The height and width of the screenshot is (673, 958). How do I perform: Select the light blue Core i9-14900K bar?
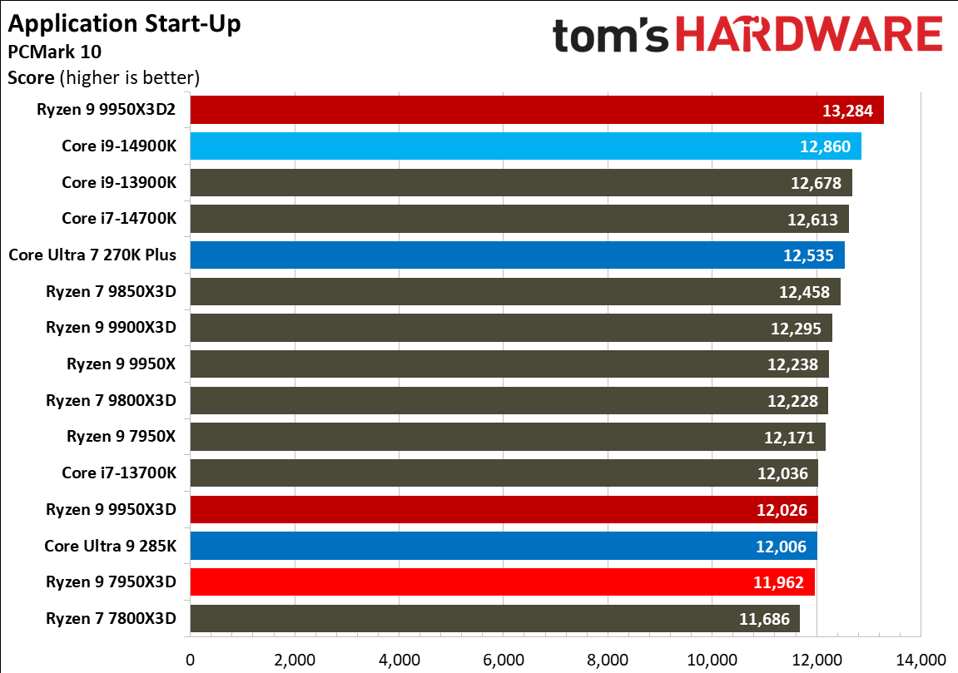click(525, 146)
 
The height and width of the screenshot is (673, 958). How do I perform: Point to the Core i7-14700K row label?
click(119, 219)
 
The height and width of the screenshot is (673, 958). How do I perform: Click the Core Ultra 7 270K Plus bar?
click(517, 255)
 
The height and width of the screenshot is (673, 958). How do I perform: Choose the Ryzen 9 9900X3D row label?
click(112, 327)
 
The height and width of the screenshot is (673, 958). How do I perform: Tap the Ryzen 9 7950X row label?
click(122, 436)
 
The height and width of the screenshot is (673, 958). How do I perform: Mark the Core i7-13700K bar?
click(504, 473)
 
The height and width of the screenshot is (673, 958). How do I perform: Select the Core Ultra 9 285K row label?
click(111, 545)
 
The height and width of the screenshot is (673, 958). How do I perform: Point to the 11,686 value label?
click(764, 618)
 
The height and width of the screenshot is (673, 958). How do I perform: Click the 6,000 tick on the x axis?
click(504, 660)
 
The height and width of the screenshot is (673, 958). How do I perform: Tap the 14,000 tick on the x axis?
click(921, 660)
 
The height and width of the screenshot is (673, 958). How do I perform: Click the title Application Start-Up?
click(124, 23)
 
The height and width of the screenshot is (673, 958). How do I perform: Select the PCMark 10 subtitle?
click(54, 52)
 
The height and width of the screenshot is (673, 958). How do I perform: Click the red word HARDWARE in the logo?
click(807, 37)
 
